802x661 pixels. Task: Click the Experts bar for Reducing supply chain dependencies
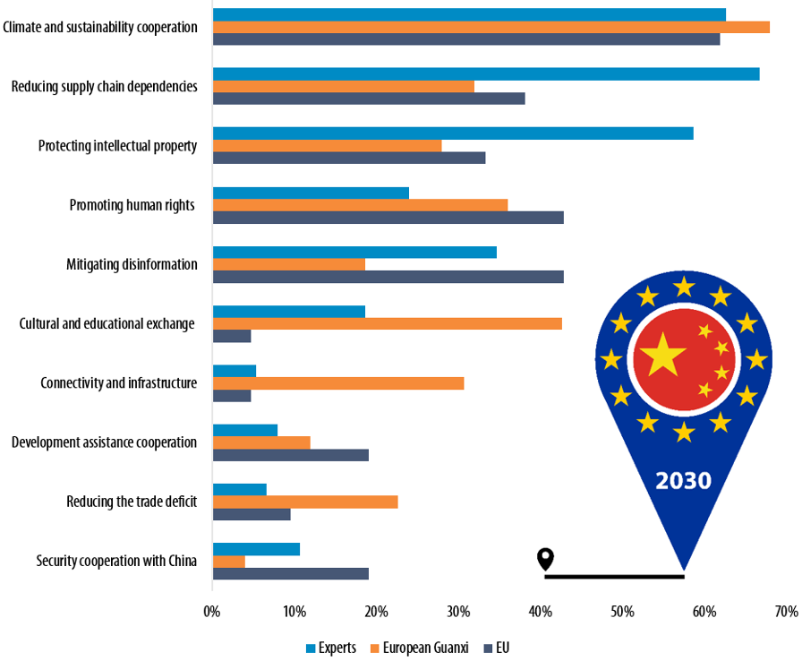pos(485,73)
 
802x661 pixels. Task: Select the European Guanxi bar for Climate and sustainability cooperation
pos(491,27)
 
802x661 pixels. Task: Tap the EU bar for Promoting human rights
pos(388,217)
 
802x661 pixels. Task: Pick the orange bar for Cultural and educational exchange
pos(387,323)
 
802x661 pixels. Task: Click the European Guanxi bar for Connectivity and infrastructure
pos(337,383)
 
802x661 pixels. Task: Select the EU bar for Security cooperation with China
pos(290,573)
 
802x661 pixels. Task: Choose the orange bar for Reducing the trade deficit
pos(304,502)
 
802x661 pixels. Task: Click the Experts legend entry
pos(330,648)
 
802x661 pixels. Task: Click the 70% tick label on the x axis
pos(786,613)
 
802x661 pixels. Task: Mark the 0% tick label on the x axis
pos(212,613)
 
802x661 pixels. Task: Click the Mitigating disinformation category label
pos(132,264)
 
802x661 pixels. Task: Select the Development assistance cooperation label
pos(104,442)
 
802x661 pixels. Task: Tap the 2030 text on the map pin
pos(683,481)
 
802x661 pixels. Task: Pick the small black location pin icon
pos(545,560)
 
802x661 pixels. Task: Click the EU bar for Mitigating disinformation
pos(388,277)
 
